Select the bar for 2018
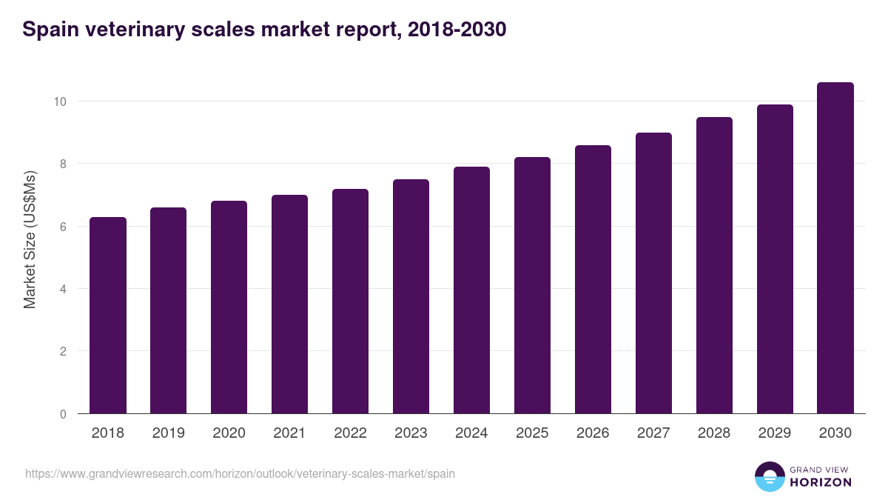(108, 316)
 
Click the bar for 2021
(289, 304)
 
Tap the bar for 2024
(471, 290)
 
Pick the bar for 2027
(653, 273)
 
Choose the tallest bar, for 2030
(835, 248)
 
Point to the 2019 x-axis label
(169, 433)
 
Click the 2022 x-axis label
(350, 433)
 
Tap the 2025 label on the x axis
(532, 433)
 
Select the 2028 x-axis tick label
(714, 433)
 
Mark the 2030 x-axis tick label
(835, 433)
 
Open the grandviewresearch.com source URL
(240, 473)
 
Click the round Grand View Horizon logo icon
(770, 476)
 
